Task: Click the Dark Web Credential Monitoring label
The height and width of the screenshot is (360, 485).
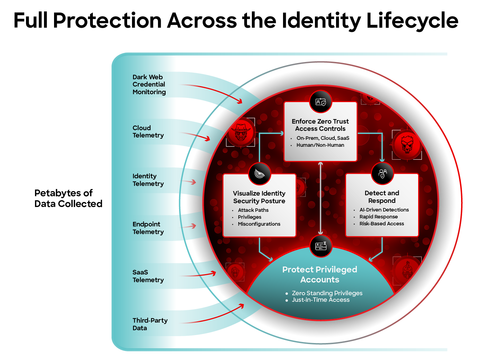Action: click(149, 84)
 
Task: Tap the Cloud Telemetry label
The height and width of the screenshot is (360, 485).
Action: click(148, 132)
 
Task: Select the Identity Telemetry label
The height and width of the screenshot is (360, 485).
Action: click(148, 180)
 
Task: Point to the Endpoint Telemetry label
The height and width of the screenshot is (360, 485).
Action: click(148, 228)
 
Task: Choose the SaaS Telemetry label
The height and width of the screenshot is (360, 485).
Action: click(148, 276)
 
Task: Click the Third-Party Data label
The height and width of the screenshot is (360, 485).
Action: click(150, 324)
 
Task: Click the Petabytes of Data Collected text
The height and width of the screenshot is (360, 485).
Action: click(68, 198)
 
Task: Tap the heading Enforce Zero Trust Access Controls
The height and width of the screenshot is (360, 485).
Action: click(320, 125)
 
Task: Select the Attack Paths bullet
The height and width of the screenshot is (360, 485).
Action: click(253, 210)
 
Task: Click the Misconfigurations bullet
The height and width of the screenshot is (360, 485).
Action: click(259, 224)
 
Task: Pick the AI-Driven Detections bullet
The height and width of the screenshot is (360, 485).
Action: click(384, 210)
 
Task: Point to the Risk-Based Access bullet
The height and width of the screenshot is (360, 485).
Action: click(381, 224)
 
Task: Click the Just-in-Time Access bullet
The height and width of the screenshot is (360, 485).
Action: click(320, 300)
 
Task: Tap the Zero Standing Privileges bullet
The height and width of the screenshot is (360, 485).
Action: click(327, 293)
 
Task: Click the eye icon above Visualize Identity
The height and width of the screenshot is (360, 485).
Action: click(259, 174)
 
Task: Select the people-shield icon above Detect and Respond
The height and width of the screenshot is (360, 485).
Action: click(382, 173)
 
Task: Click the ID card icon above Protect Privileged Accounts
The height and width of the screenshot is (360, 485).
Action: click(321, 246)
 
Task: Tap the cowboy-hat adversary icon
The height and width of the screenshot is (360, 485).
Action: click(241, 132)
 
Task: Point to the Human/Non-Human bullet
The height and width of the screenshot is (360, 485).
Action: click(320, 145)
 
